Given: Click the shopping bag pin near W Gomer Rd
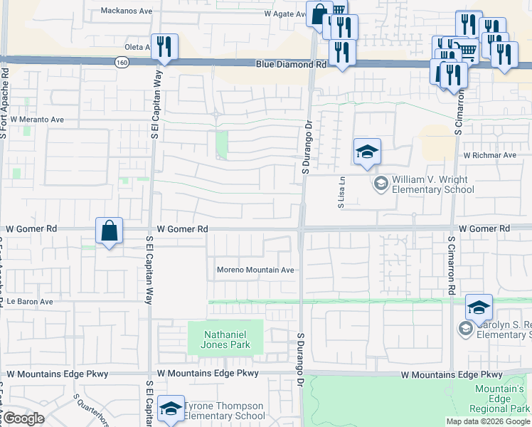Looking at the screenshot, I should tap(109, 231).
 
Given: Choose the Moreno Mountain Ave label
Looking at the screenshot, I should tap(255, 270).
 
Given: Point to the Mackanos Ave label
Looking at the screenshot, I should tap(127, 11).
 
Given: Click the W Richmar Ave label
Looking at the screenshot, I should tap(489, 155).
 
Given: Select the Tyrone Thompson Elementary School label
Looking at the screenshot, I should tap(224, 411).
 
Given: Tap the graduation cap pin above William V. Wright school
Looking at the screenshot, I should tap(367, 152).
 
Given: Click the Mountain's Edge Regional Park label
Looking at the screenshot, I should tap(500, 399).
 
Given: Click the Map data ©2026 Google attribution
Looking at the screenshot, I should tap(488, 421).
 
